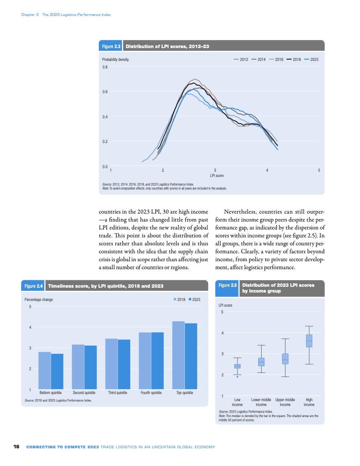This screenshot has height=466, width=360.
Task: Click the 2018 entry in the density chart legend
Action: (x=294, y=60)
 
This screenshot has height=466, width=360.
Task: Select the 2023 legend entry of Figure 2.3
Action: (x=311, y=60)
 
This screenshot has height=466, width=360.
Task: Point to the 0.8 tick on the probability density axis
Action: (x=105, y=67)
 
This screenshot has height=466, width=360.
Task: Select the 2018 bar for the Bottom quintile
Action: (x=45, y=371)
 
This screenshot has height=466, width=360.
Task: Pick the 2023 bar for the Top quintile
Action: (x=191, y=356)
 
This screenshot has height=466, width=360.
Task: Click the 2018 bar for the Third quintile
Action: (x=111, y=364)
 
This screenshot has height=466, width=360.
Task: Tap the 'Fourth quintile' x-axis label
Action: (x=151, y=392)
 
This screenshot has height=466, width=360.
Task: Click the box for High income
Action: (x=309, y=341)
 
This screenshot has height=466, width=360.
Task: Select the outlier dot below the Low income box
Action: (x=237, y=377)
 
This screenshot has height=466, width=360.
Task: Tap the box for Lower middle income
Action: (x=261, y=362)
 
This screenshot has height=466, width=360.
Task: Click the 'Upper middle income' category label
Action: (x=285, y=402)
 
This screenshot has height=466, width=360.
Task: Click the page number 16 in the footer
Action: (x=16, y=447)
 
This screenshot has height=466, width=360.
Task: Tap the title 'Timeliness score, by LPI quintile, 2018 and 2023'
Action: (x=105, y=286)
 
